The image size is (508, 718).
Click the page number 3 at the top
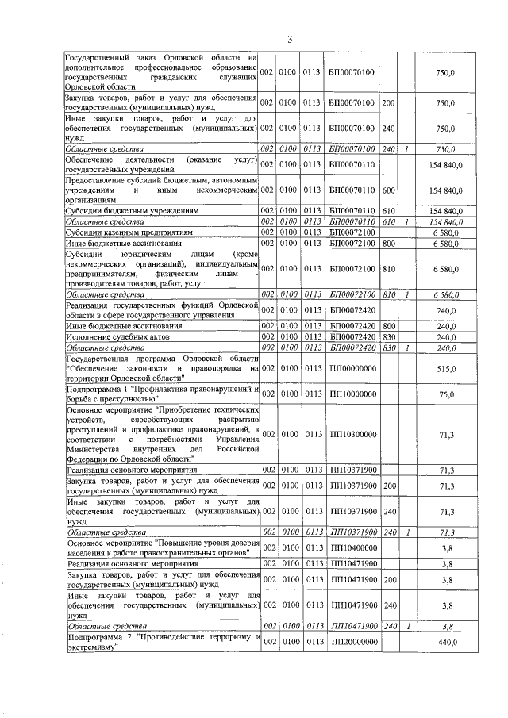pos(290,40)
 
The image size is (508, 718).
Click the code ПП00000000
pos(352,369)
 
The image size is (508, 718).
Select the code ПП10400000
pos(352,547)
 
